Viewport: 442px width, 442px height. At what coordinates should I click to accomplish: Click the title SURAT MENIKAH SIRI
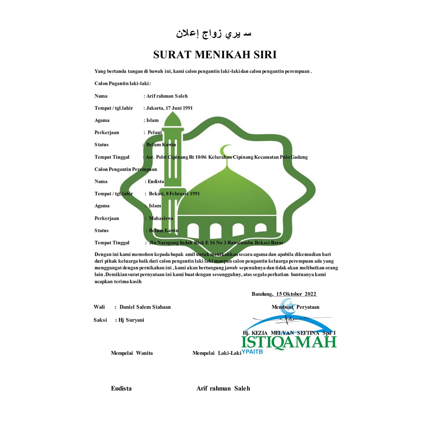pos(215,55)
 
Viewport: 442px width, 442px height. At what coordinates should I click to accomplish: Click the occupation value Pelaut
pos(155,133)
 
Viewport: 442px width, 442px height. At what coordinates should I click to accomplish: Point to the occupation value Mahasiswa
pos(161,218)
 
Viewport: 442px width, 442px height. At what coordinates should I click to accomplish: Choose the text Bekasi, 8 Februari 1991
pos(174,193)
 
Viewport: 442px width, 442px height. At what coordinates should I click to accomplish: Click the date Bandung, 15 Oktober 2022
pos(284,294)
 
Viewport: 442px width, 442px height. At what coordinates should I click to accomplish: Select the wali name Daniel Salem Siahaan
pos(145,307)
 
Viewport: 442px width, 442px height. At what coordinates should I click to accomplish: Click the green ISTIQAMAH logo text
pos(289,342)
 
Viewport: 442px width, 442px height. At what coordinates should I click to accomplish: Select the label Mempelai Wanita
pos(132,353)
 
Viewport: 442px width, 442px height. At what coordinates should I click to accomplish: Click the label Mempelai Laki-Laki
pos(216,353)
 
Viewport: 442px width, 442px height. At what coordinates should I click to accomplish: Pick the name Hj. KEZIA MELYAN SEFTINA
pos(289,333)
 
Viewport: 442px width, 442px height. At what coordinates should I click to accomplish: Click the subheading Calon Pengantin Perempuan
pos(126,169)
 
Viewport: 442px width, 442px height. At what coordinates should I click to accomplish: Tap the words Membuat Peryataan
pos(295,307)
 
